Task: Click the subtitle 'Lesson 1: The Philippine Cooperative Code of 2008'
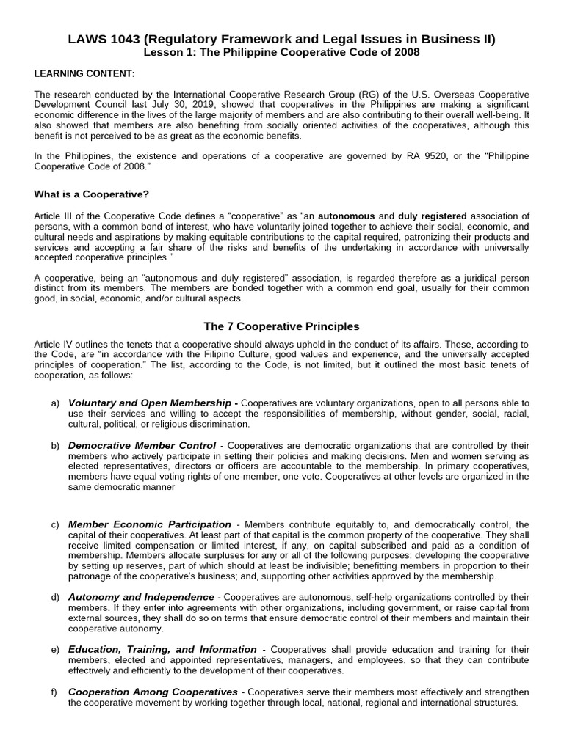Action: [x=281, y=53]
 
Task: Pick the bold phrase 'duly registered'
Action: [x=433, y=216]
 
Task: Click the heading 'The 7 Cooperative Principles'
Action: [x=281, y=326]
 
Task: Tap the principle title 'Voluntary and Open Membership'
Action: [x=149, y=403]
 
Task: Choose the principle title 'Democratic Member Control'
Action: [x=142, y=445]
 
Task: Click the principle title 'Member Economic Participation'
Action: [x=149, y=524]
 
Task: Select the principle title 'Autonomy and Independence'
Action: [x=141, y=597]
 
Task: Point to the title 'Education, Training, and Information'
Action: [x=162, y=649]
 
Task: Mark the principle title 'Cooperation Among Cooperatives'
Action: [x=153, y=692]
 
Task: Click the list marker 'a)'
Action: [x=55, y=403]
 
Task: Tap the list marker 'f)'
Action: [x=55, y=692]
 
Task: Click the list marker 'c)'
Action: [x=55, y=525]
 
